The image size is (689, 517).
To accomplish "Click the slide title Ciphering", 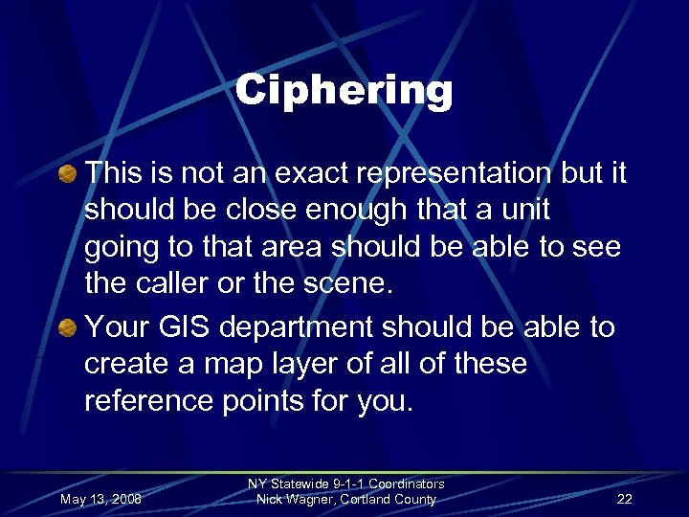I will [344, 91].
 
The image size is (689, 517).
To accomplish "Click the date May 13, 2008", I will [100, 500].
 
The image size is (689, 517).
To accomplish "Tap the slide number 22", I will [625, 500].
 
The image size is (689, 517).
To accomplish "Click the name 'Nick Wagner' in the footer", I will [289, 499].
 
